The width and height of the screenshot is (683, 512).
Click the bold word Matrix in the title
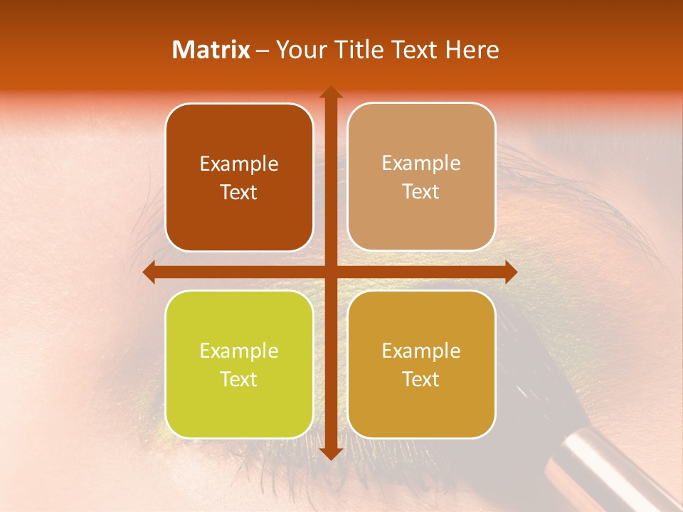(x=211, y=50)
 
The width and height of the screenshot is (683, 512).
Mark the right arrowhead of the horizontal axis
(x=510, y=272)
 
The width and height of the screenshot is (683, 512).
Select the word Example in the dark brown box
(x=239, y=164)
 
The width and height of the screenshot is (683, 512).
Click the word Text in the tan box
(x=421, y=192)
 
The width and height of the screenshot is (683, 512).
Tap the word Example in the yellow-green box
(x=239, y=351)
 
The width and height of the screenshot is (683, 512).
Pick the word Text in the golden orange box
(x=421, y=379)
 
